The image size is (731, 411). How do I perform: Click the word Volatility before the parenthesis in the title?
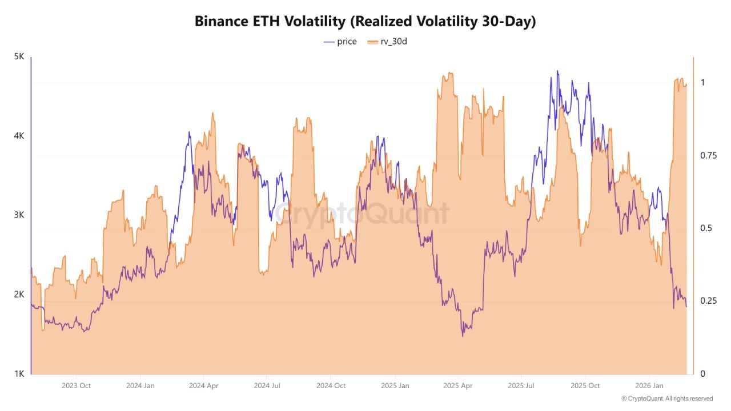[x=314, y=22]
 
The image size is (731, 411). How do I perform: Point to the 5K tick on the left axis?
[x=19, y=57]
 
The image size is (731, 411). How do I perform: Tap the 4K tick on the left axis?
[x=19, y=136]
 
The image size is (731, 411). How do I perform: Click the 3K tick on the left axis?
[x=19, y=215]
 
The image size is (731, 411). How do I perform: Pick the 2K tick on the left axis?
[x=19, y=295]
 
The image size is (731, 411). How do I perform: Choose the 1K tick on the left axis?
[x=19, y=374]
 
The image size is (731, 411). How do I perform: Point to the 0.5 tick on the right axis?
[x=706, y=228]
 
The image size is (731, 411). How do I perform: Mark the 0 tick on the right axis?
[x=703, y=374]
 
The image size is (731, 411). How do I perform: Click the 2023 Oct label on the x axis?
[x=76, y=386]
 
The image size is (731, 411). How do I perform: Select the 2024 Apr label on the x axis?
[x=204, y=386]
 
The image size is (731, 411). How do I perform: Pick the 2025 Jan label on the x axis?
[x=395, y=386]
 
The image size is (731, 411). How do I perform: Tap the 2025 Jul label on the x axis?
[x=521, y=386]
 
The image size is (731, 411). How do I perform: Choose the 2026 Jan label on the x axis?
[x=649, y=386]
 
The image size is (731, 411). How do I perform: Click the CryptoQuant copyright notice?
[x=666, y=399]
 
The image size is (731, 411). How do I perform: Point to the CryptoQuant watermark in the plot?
[x=362, y=214]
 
